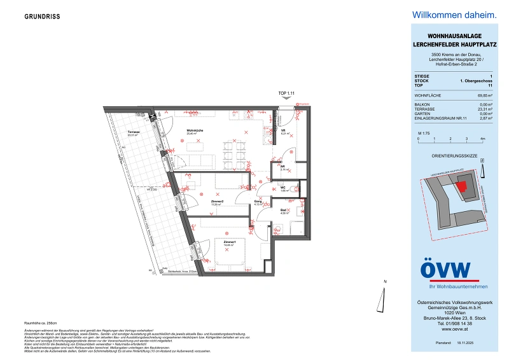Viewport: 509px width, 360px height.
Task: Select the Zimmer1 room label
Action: click(x=229, y=243)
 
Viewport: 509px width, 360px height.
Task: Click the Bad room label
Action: click(x=284, y=211)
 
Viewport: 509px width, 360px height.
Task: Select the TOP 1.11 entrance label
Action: click(x=288, y=94)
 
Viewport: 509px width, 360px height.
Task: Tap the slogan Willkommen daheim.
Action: click(x=453, y=15)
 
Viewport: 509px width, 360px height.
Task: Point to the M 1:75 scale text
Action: click(x=421, y=131)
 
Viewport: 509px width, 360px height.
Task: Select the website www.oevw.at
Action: click(x=453, y=329)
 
